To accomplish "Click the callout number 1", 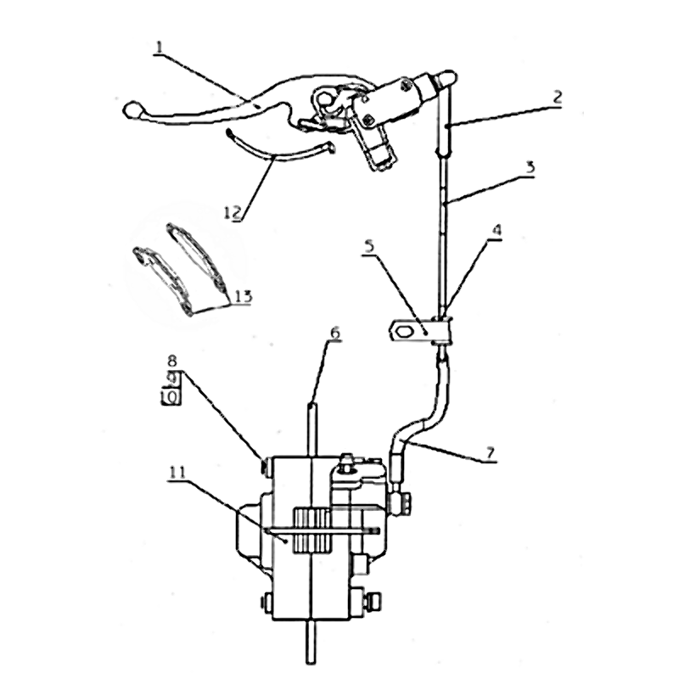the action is tap(160, 48).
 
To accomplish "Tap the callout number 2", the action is tap(557, 97).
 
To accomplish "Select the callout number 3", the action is tap(530, 167).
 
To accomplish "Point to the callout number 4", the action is tap(497, 230).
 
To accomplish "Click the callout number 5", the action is tap(369, 246).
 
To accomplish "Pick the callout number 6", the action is tap(334, 333).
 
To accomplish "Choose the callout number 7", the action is tap(490, 453).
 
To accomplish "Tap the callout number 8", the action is tap(172, 360).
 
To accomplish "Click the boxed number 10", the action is tap(171, 396).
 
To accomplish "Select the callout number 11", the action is tap(177, 472).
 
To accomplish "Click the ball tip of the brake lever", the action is tap(131, 109).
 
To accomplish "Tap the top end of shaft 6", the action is tap(312, 405).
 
